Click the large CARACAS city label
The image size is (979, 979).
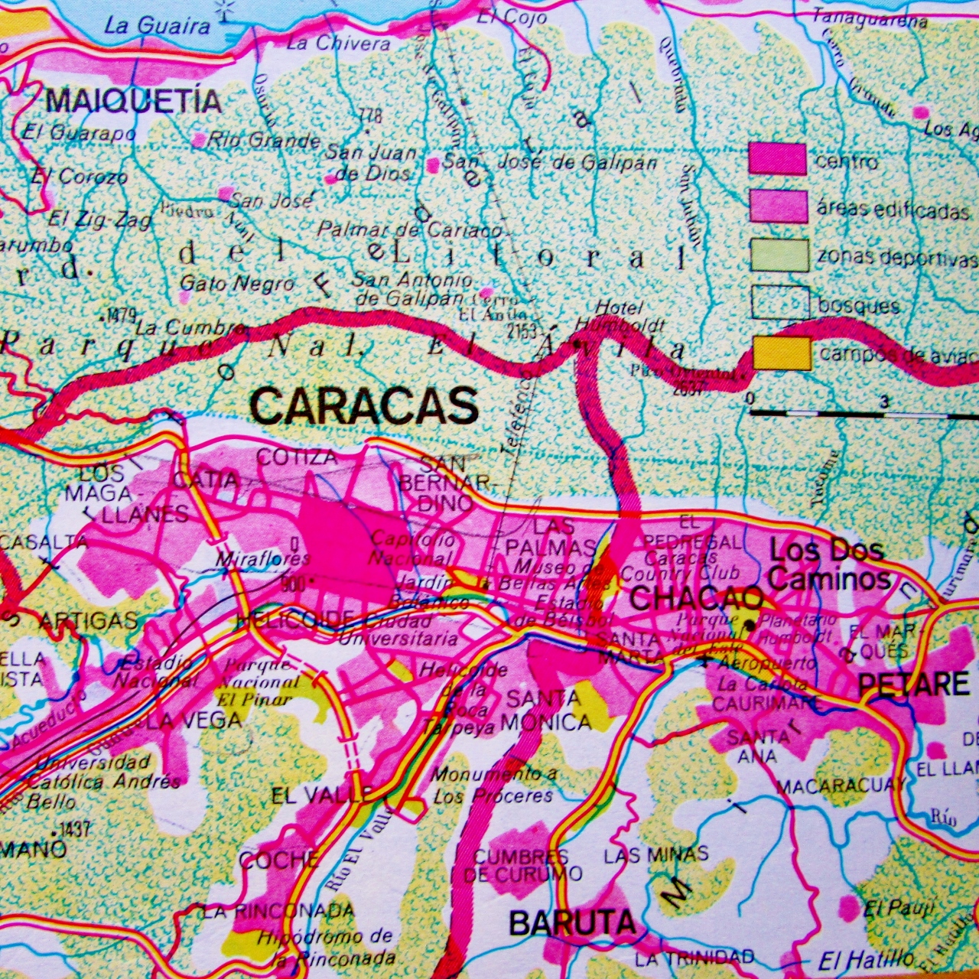364,405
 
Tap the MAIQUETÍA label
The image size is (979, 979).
134,100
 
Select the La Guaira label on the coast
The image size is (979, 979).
157,26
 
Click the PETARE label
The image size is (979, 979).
914,683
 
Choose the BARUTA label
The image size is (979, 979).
572,923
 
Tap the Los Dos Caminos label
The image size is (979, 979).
828,564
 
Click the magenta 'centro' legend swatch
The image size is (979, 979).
777,159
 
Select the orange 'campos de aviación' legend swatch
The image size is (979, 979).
782,353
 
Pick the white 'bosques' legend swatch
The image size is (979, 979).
779,304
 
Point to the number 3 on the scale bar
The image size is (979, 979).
884,401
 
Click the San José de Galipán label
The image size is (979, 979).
549,162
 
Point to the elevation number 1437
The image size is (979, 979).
75,828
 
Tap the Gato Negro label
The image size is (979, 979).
236,284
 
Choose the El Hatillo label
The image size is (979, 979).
866,959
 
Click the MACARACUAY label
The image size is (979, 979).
840,785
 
